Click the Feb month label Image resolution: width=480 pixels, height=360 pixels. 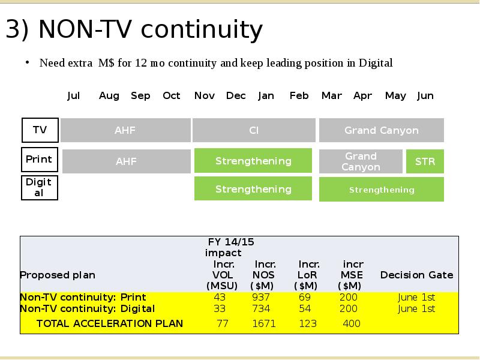coord(299,96)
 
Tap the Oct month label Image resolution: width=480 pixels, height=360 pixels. coord(172,96)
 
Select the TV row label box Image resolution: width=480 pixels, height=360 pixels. coord(40,130)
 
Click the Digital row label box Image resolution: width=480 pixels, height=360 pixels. coord(40,188)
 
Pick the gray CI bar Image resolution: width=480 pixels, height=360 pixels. coord(254,130)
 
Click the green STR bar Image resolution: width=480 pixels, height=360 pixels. coord(425,161)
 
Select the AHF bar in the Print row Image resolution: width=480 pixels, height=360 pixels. coord(127,161)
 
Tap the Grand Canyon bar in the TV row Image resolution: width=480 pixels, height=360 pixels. coord(382,130)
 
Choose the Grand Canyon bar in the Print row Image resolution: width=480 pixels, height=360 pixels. coord(361,161)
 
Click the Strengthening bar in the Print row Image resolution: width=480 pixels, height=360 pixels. coord(253,161)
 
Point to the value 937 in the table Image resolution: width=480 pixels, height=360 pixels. coord(261,297)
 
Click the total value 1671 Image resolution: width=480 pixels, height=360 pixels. coord(264,323)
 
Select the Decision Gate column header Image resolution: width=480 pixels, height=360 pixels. coord(416,275)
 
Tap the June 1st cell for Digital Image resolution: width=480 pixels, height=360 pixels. coord(416,308)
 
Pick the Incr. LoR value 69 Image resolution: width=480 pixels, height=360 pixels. coord(305,297)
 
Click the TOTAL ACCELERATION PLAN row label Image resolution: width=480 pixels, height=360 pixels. coord(110,323)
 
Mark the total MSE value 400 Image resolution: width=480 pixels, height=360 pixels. coord(352,323)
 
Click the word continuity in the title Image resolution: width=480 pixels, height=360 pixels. coord(202,29)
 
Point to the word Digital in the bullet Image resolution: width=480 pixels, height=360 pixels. coord(376,63)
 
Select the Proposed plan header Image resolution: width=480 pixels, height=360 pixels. coord(58,275)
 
